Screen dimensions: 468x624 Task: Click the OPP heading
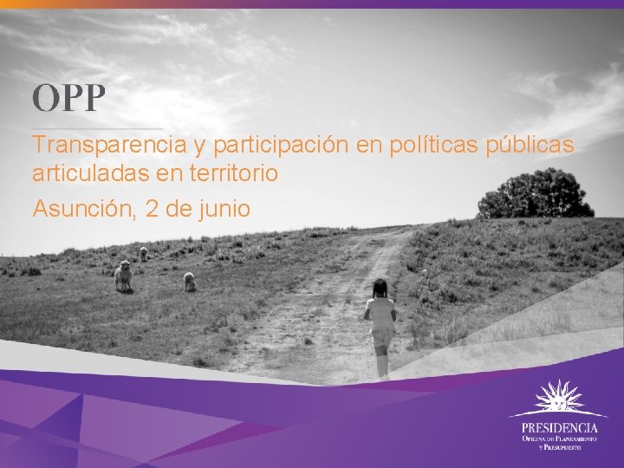[68, 98]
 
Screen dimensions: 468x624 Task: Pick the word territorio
[234, 173]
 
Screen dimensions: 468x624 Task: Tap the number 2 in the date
[153, 209]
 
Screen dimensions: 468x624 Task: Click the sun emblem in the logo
[558, 400]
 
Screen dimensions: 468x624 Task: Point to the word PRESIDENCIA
[559, 427]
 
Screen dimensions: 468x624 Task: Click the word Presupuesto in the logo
[571, 448]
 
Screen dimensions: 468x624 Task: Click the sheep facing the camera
[123, 276]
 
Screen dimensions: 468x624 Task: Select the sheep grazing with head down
[189, 281]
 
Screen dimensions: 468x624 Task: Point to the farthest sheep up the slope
[143, 253]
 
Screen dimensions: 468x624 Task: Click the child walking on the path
[380, 325]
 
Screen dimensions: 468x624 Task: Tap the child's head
[380, 288]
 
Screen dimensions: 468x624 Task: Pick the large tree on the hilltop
[536, 194]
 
